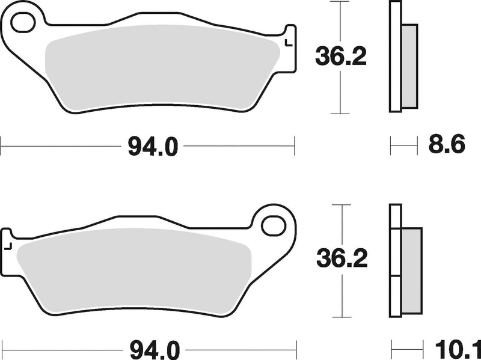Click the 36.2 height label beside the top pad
pyautogui.click(x=341, y=58)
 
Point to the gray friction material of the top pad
pyautogui.click(x=162, y=69)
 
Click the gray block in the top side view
pyautogui.click(x=409, y=66)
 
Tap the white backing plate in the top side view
pyautogui.click(x=395, y=57)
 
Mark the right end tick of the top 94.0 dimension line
pyautogui.click(x=294, y=145)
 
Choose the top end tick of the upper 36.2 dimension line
pyautogui.click(x=341, y=2)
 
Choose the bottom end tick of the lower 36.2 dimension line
pyautogui.click(x=342, y=317)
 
